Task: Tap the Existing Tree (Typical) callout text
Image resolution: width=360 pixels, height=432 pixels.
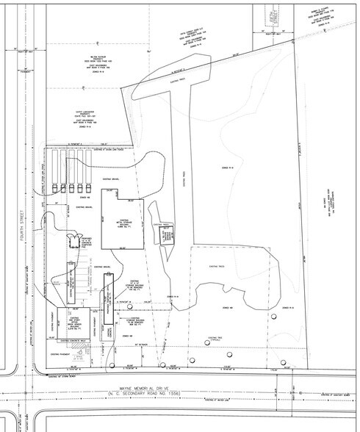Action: click(217, 336)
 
